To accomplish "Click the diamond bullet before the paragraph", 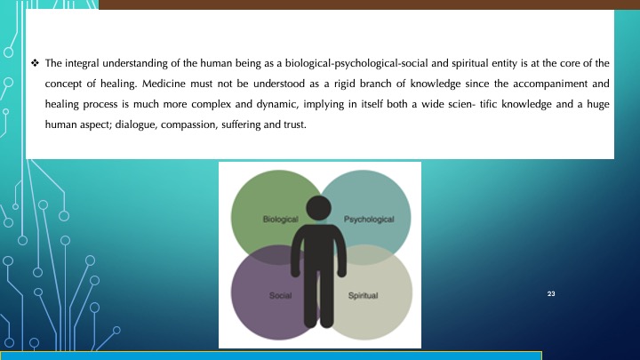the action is point(35,63).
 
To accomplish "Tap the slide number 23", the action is point(551,293).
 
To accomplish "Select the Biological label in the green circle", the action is point(280,220).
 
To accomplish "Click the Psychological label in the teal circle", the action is point(369,220).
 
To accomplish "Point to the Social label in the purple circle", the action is point(280,295).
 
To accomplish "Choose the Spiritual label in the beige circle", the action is point(363,295).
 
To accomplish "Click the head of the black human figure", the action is point(319,208).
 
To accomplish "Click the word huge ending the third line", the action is point(598,105).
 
